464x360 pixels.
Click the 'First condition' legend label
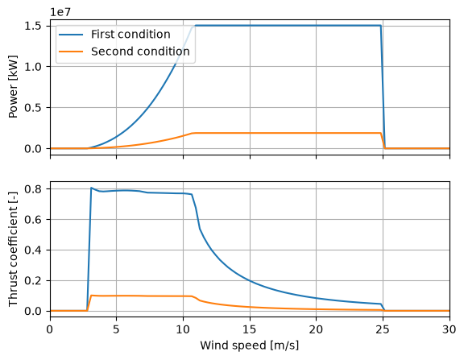coord(130,35)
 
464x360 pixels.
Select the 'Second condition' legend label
coord(140,52)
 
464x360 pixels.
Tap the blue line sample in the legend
coord(71,35)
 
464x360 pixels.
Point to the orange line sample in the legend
coord(71,52)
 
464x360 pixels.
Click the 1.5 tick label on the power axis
coord(32,26)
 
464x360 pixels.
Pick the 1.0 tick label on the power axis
coord(32,67)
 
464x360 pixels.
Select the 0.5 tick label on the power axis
coord(32,108)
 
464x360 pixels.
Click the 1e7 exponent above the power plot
coord(60,12)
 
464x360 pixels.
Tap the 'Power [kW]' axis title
coord(14,87)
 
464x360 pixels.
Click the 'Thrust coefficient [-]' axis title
coord(14,250)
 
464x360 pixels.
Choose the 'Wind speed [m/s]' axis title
coord(250,346)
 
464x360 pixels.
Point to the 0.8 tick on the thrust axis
coord(32,188)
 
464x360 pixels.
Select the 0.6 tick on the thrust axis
coord(32,220)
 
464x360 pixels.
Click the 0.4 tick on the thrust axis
coord(32,250)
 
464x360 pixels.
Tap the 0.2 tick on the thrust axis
coord(32,281)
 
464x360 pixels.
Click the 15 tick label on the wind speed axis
coord(250,329)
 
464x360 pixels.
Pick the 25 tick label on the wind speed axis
coord(383,329)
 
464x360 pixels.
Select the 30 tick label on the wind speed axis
coord(449,329)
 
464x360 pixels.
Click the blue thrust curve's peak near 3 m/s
coord(91,188)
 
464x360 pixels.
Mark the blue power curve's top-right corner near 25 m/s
coord(380,26)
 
